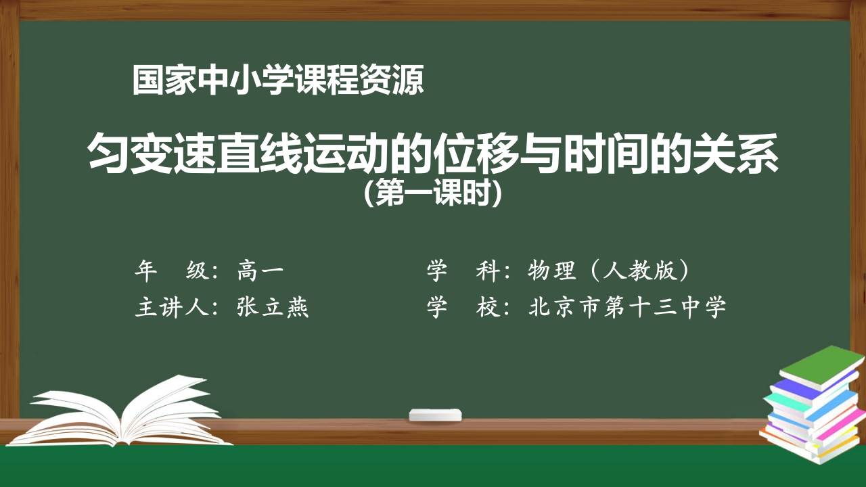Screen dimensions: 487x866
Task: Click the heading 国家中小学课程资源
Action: pyautogui.click(x=278, y=80)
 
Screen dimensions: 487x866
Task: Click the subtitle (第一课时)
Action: pyautogui.click(x=432, y=194)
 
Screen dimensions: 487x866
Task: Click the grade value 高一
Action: pyautogui.click(x=260, y=272)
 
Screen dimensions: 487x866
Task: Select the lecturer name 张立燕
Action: pyautogui.click(x=273, y=308)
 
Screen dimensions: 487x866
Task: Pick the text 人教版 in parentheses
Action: pyautogui.click(x=639, y=272)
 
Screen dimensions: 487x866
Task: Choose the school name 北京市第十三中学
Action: pyautogui.click(x=627, y=308)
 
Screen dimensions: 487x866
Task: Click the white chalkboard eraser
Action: pyautogui.click(x=436, y=414)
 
